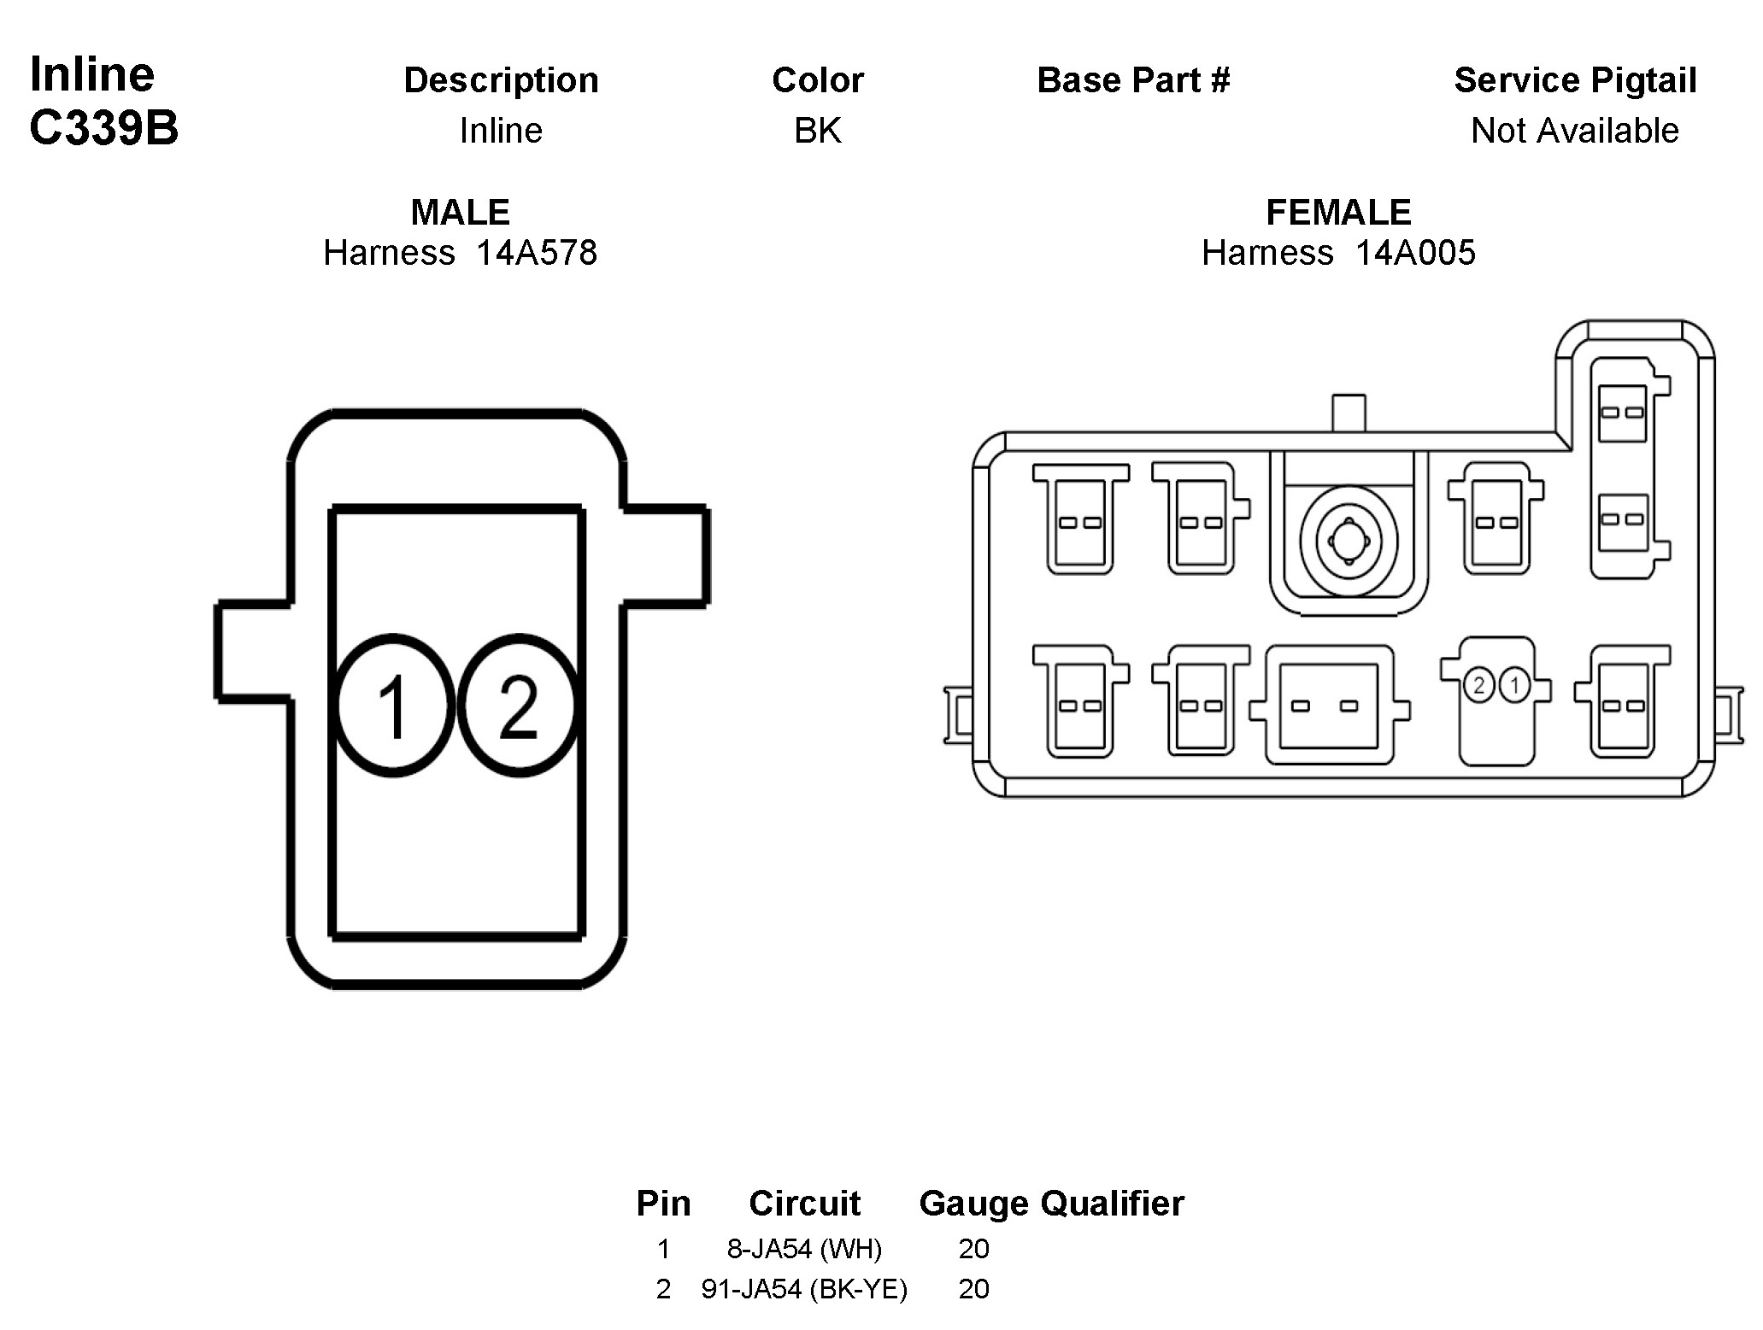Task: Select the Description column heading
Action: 501,80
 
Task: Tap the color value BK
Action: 818,131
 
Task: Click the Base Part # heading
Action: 1133,80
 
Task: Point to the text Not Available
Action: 1575,131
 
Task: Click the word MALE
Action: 461,213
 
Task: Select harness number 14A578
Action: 537,253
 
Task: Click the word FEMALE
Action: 1338,213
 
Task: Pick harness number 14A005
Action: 1415,253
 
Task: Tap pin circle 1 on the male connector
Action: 393,706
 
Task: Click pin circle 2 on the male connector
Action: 518,706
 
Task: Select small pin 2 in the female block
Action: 1478,684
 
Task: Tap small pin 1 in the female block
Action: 1514,684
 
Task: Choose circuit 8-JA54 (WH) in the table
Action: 804,1249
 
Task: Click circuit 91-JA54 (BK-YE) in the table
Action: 804,1289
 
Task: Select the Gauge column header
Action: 974,1204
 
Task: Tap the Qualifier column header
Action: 1113,1204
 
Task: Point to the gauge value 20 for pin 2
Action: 974,1289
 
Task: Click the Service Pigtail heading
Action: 1575,80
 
